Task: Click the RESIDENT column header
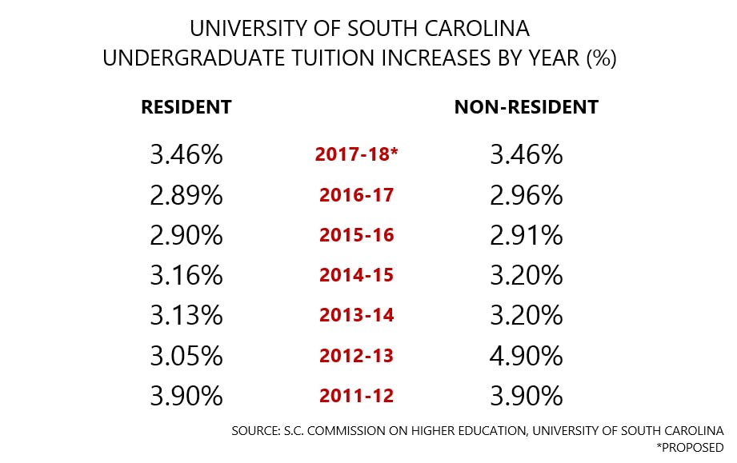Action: (x=186, y=107)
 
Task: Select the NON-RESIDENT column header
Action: (x=526, y=107)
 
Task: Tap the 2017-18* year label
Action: (x=356, y=154)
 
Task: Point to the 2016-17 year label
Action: (x=356, y=194)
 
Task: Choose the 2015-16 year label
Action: (x=356, y=235)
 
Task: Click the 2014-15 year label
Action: (x=356, y=275)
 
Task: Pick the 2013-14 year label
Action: (x=356, y=315)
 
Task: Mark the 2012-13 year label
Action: (x=356, y=356)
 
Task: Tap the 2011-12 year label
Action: (x=356, y=396)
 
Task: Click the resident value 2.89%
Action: (x=186, y=194)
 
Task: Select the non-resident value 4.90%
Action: (x=526, y=356)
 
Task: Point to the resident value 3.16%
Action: (x=186, y=275)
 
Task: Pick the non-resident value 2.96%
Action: (x=526, y=194)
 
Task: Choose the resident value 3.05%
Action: (x=186, y=356)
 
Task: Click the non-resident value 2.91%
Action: (x=526, y=235)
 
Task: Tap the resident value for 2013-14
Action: (x=186, y=315)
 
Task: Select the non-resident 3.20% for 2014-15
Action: (x=526, y=275)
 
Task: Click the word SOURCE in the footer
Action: (x=255, y=431)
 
